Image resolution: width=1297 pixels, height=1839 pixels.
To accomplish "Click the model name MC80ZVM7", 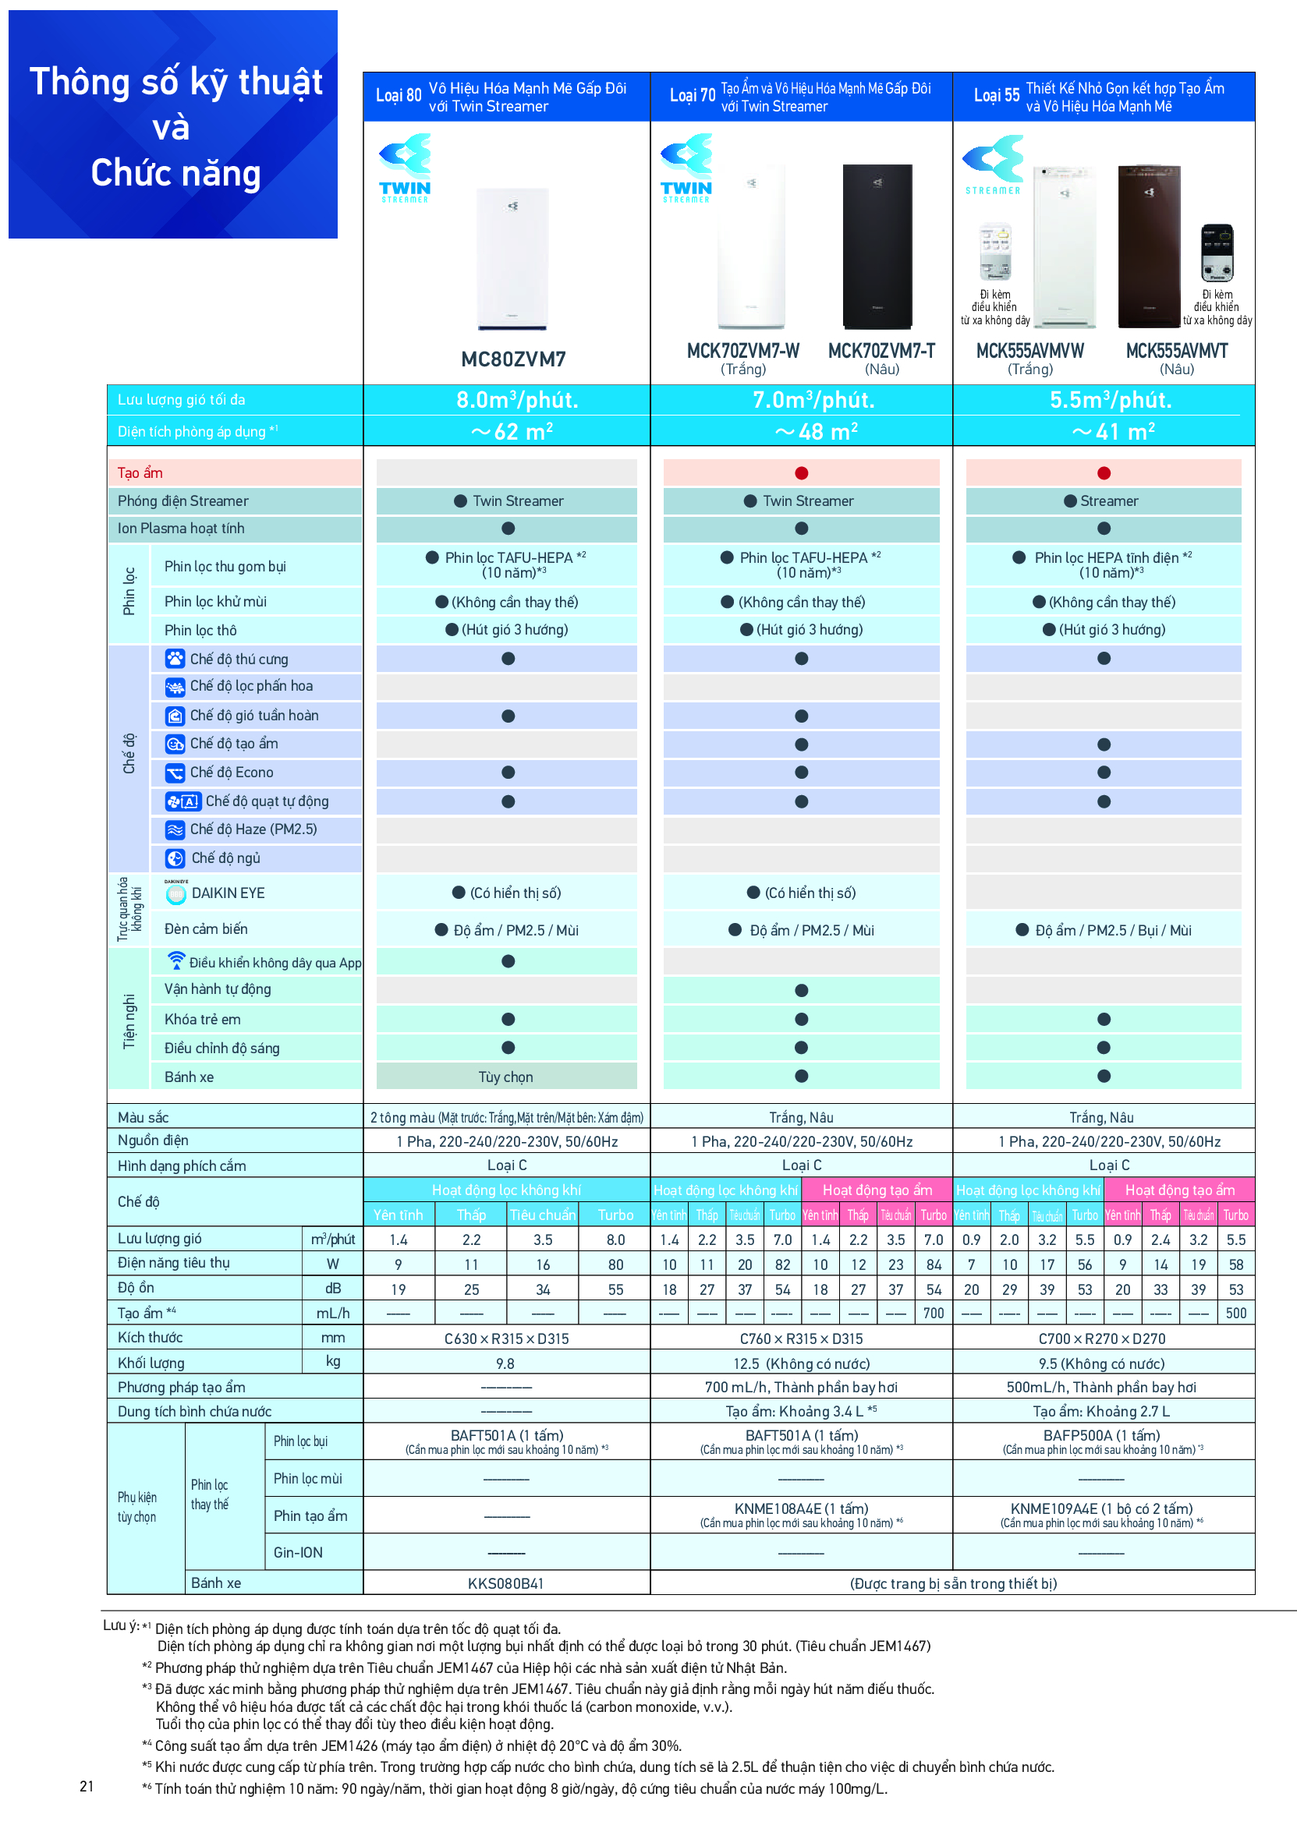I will pos(512,359).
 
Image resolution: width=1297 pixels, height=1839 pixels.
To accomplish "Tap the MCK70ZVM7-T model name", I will pos(881,351).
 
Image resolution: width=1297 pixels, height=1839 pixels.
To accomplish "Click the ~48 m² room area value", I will pos(816,432).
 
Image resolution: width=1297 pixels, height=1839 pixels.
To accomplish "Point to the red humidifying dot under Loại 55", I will pos(1103,473).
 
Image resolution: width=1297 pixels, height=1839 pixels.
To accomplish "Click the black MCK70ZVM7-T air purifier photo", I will pos(877,246).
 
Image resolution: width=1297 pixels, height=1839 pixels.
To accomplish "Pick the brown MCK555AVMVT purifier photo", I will pos(1148,246).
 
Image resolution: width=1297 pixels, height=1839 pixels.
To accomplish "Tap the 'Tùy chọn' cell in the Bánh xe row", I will pos(505,1077).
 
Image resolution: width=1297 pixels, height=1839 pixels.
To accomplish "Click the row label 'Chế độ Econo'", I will pos(232,772).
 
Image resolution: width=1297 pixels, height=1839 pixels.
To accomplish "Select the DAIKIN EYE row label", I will pos(228,893).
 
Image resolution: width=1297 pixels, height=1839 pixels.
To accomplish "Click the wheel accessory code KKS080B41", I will pos(505,1583).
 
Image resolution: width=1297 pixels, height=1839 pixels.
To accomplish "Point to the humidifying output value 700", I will pos(934,1314).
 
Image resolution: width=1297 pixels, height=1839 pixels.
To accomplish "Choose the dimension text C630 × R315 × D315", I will pos(506,1339).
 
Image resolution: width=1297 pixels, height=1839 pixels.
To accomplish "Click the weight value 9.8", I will pos(505,1363).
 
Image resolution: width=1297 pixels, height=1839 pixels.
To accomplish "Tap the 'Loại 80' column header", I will pos(399,95).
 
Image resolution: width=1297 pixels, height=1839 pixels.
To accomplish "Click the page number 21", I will pos(87,1786).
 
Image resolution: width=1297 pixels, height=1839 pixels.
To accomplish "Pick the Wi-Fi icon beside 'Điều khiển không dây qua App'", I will pos(175,960).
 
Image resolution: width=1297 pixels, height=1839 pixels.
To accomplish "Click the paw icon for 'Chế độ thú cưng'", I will pos(175,659).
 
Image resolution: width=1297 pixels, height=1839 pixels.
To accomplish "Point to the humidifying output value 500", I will pos(1235,1314).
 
